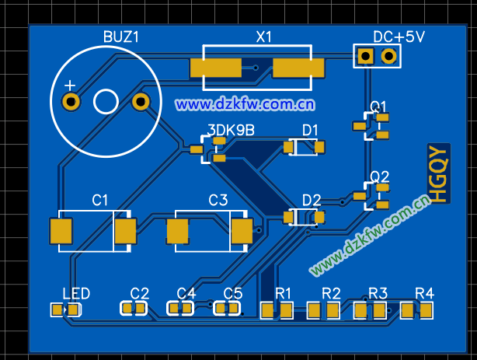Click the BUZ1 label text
click(x=121, y=37)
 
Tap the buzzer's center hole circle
click(x=105, y=101)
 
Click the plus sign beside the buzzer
click(x=70, y=85)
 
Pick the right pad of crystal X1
click(x=298, y=68)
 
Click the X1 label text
click(x=264, y=37)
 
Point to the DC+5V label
click(x=399, y=37)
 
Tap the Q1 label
click(x=379, y=106)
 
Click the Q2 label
click(x=380, y=176)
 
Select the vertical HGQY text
click(x=438, y=174)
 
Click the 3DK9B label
click(x=231, y=130)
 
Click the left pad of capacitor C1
click(x=61, y=231)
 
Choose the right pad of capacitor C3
click(x=242, y=231)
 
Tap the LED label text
click(x=76, y=293)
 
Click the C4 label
click(x=186, y=293)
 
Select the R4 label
click(x=424, y=293)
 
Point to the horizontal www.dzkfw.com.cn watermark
click(x=245, y=103)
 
